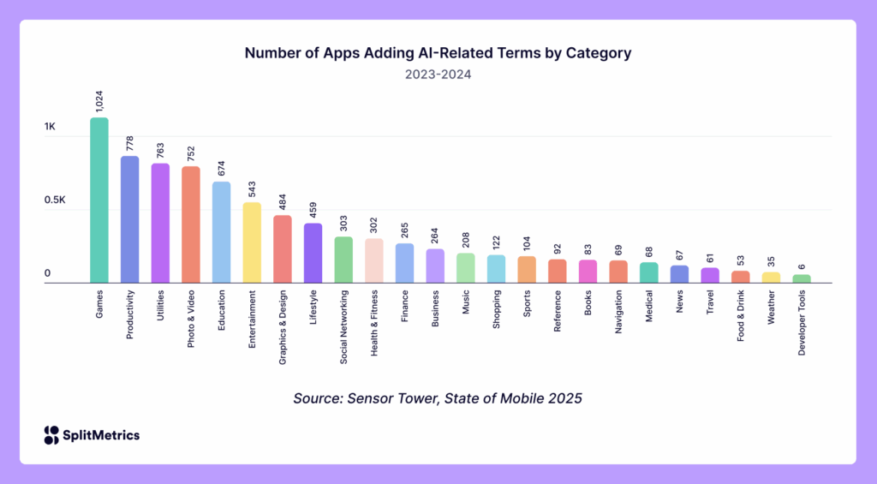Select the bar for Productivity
(x=129, y=219)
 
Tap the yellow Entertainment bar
(x=252, y=242)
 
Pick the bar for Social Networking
(x=343, y=260)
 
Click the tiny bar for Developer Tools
(x=802, y=278)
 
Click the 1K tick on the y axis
(x=50, y=127)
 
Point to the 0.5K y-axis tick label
(x=56, y=200)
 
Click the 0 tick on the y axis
(x=48, y=274)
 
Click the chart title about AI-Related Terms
(x=438, y=53)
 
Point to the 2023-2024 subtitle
(x=438, y=75)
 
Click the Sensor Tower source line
(x=438, y=398)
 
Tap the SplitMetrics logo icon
(x=51, y=435)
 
